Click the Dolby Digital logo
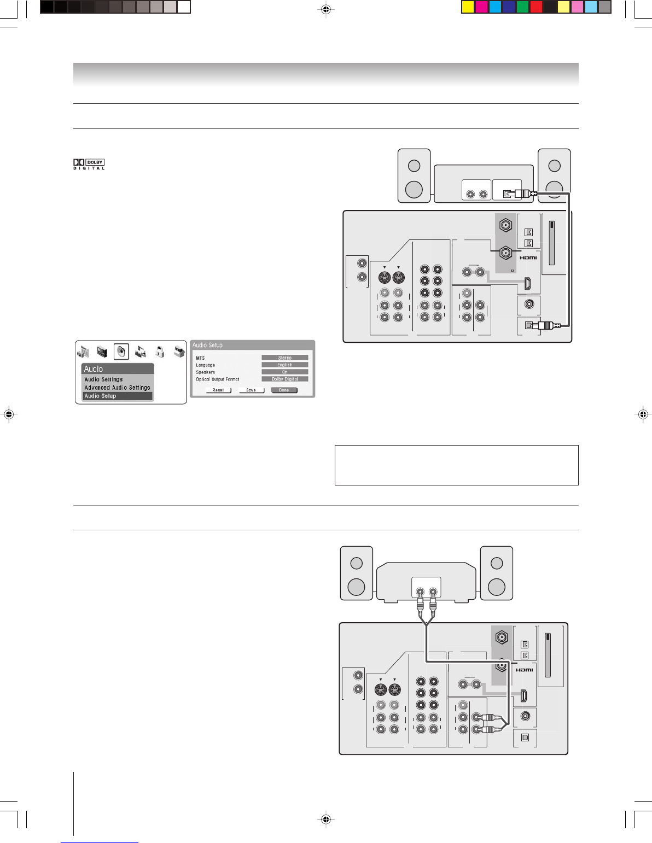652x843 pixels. pyautogui.click(x=89, y=164)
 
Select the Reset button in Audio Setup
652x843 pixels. pyautogui.click(x=218, y=390)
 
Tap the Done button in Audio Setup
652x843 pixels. pyautogui.click(x=284, y=390)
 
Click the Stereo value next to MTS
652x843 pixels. pyautogui.click(x=284, y=358)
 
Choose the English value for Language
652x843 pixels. pyautogui.click(x=284, y=365)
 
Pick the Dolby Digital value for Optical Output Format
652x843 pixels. pyautogui.click(x=284, y=379)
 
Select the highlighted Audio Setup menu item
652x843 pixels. pyautogui.click(x=117, y=396)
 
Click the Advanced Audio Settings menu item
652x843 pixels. pyautogui.click(x=117, y=388)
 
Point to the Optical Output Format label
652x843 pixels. pyautogui.click(x=218, y=379)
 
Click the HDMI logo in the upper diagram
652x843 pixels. pyautogui.click(x=528, y=257)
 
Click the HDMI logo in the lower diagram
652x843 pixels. pyautogui.click(x=524, y=670)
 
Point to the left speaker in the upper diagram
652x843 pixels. pyautogui.click(x=414, y=175)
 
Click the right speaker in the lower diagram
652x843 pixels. pyautogui.click(x=497, y=573)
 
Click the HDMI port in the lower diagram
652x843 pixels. pyautogui.click(x=523, y=696)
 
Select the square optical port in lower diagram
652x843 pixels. pyautogui.click(x=525, y=737)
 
